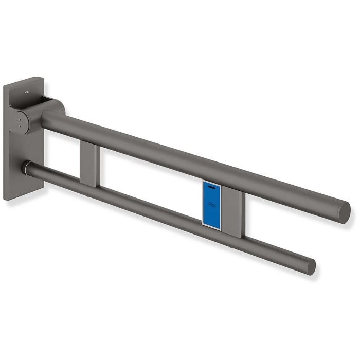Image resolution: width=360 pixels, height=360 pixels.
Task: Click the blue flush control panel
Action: click(x=212, y=203)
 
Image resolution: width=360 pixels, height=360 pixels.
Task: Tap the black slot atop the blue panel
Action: click(x=212, y=188)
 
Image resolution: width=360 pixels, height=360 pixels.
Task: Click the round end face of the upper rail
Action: click(x=344, y=212)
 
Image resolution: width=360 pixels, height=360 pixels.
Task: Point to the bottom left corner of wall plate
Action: click(x=6, y=198)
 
